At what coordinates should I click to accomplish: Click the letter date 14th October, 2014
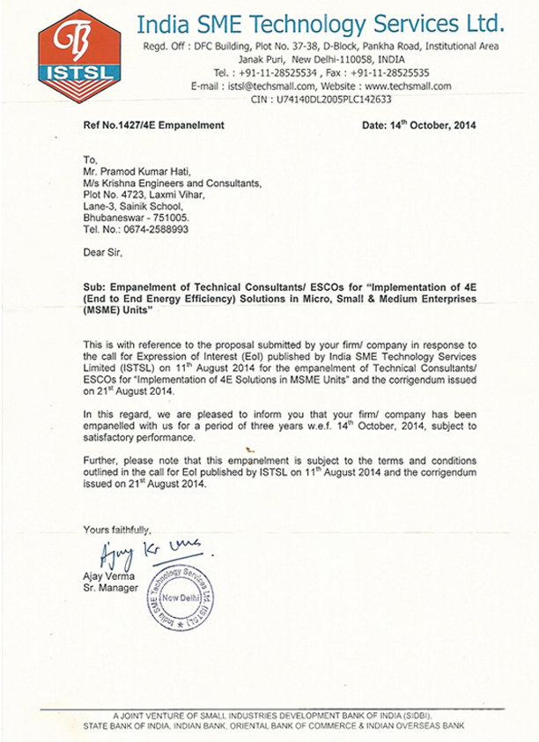[419, 126]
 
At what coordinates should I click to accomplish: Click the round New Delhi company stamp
[188, 602]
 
